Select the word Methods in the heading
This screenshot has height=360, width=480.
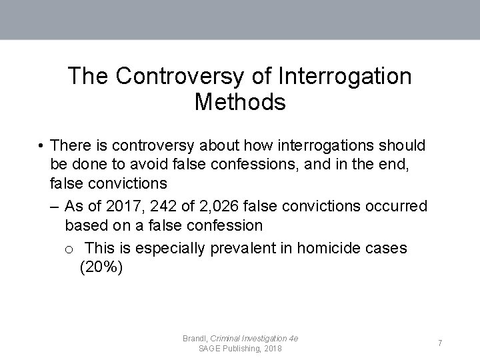point(240,102)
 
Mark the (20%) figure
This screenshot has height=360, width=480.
point(101,269)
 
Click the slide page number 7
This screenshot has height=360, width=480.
point(440,343)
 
